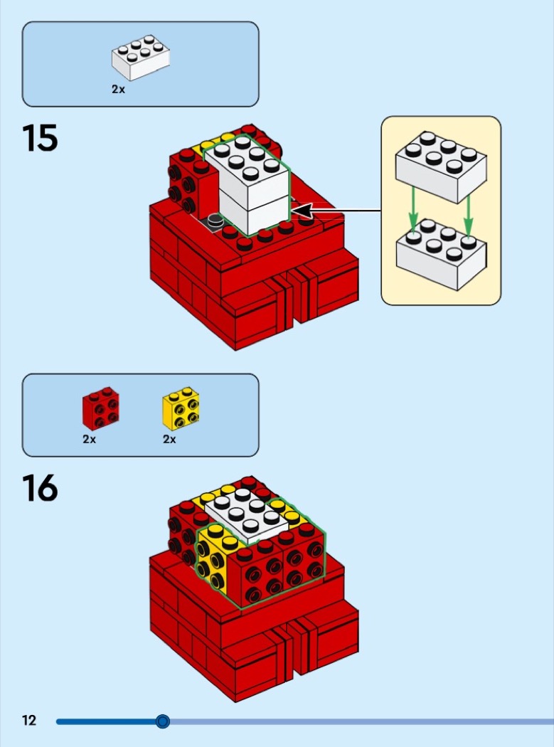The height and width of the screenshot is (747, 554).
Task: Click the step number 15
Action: [x=40, y=138]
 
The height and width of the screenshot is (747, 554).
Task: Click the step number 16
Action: [x=40, y=488]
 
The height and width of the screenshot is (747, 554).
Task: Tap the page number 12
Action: [x=29, y=720]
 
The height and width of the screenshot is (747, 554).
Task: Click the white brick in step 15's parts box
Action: [x=141, y=57]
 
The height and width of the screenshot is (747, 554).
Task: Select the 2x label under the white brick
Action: [x=118, y=89]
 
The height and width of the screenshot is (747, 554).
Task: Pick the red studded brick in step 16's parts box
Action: [x=100, y=408]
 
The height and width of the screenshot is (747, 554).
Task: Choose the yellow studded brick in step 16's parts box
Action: [x=181, y=408]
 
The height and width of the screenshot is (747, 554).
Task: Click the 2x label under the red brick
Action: [x=89, y=439]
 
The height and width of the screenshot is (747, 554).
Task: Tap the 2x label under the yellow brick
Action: [x=169, y=439]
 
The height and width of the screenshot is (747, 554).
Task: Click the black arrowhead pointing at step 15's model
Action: [x=301, y=210]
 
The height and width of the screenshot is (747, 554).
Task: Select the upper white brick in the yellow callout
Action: [x=441, y=166]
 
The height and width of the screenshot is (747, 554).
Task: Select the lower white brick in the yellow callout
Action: [x=441, y=254]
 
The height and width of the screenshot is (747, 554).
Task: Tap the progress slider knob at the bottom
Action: [x=163, y=721]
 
